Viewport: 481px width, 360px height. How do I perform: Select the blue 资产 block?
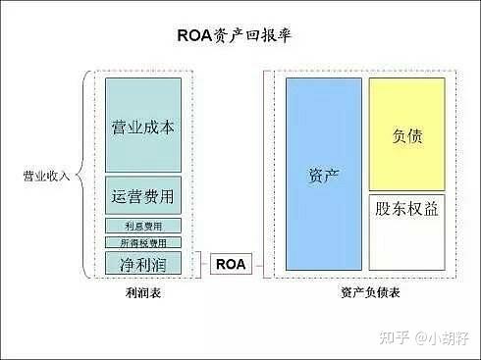323,174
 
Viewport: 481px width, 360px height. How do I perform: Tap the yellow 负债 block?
406,134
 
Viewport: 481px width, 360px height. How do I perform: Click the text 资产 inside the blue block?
323,174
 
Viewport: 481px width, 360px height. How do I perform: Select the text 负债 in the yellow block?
406,135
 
